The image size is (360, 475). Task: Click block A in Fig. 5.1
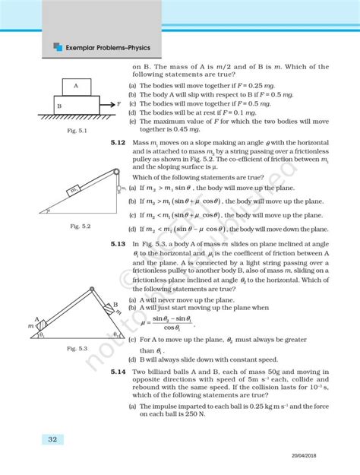[x=77, y=86]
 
